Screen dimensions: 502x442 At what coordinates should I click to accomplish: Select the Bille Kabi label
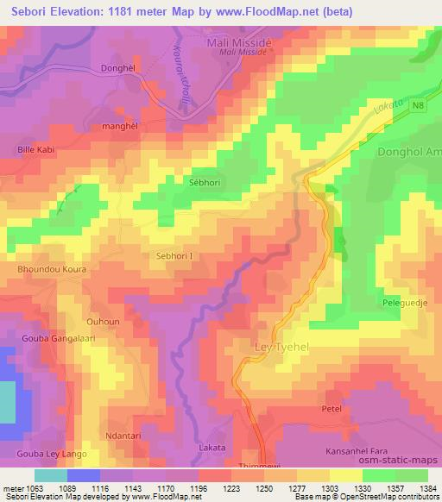[x=37, y=149]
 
